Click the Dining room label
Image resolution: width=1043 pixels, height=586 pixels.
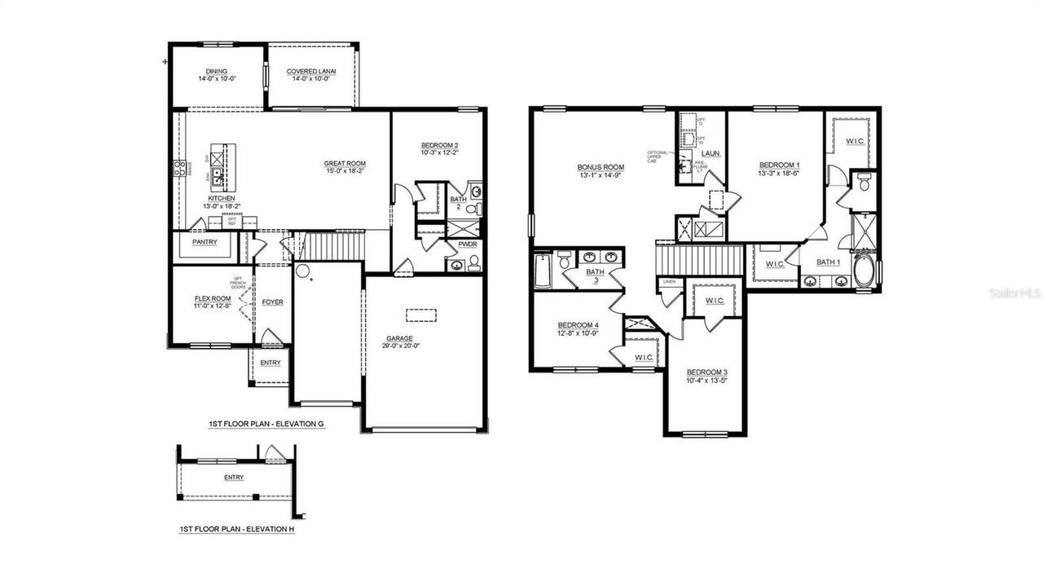[217, 71]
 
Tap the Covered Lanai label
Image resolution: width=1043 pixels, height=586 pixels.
[311, 72]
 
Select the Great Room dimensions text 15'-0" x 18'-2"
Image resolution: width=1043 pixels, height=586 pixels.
[344, 171]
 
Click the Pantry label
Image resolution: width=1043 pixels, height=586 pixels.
[205, 242]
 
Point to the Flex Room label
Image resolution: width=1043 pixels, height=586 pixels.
[213, 298]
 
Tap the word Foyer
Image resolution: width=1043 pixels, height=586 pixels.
[272, 302]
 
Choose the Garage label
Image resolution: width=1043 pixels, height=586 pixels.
[399, 338]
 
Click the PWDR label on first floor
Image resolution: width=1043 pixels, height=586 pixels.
[467, 244]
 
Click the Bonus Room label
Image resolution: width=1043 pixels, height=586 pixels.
[601, 166]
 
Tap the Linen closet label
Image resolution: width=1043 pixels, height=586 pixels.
[670, 282]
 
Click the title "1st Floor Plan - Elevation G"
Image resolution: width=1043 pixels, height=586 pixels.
[266, 425]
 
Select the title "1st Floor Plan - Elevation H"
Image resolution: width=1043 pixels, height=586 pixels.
[236, 529]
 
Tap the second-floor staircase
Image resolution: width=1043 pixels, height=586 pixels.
[700, 259]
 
